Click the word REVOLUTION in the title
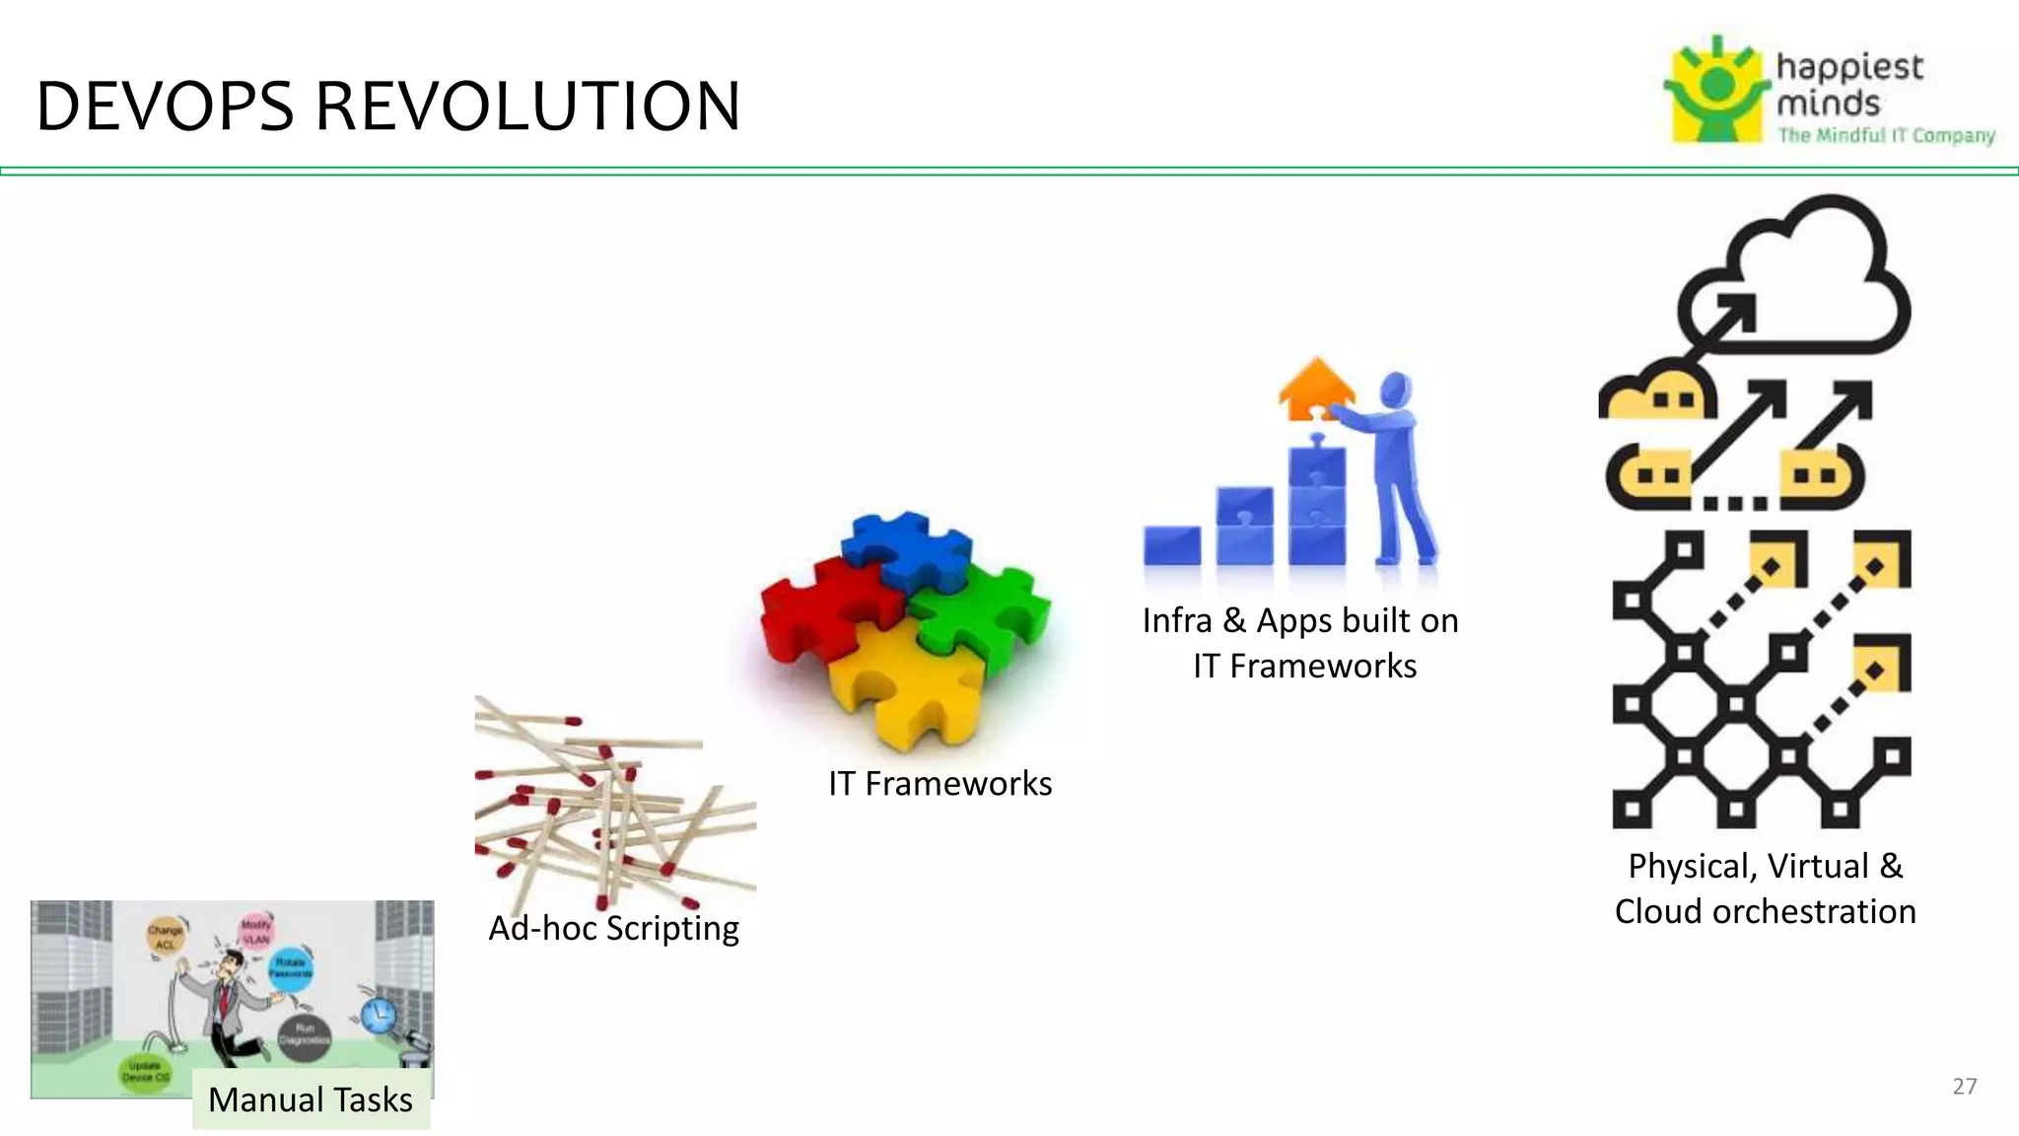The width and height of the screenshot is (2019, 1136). (527, 106)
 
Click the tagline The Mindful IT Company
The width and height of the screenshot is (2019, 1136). (1885, 135)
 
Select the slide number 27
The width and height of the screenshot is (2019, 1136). (1964, 1086)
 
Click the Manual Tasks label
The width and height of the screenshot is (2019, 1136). (311, 1100)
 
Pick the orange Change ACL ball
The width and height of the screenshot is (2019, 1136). (165, 937)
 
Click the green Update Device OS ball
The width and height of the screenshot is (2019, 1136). (145, 1071)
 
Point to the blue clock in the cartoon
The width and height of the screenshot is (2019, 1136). (378, 1015)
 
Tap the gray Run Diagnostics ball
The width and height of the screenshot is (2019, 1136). (304, 1034)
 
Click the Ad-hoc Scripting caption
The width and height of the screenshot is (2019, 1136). (613, 928)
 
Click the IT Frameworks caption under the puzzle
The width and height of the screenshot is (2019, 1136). (940, 783)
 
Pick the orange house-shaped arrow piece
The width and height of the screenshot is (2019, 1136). (1316, 388)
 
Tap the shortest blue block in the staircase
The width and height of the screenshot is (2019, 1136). (1171, 545)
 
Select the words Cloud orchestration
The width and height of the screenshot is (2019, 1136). (1765, 911)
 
